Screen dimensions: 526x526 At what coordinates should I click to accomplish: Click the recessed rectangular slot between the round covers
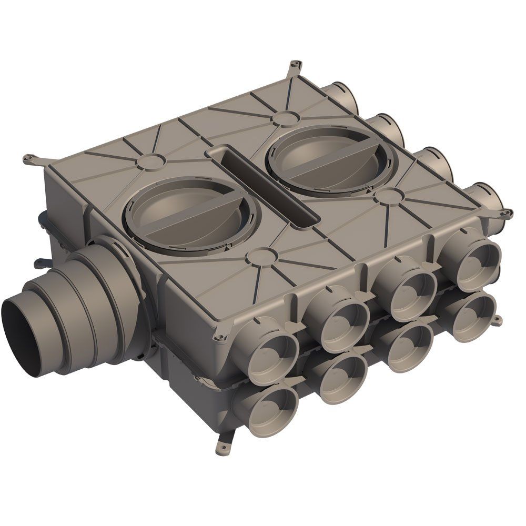click(x=263, y=184)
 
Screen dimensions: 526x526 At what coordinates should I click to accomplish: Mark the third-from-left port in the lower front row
click(x=408, y=344)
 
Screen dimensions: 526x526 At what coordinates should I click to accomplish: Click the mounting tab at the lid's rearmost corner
click(x=295, y=65)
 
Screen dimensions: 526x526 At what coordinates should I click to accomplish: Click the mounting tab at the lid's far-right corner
click(x=505, y=213)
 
